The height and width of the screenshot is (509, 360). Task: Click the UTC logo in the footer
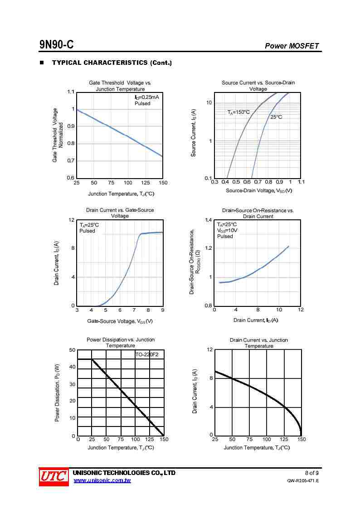coord(53,477)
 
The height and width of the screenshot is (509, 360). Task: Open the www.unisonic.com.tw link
coord(102,480)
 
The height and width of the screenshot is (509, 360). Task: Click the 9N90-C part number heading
coord(56,45)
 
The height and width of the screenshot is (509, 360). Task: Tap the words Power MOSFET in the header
coord(292,46)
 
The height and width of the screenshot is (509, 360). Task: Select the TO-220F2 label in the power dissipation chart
coord(147,354)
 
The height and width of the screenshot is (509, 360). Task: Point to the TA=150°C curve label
coord(238,112)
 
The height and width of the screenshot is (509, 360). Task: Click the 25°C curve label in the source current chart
coord(276,117)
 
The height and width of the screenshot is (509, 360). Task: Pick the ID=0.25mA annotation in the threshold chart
coord(146,97)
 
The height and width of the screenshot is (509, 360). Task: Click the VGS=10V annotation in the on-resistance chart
coord(227,230)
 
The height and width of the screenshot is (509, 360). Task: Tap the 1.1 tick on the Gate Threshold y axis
coord(70,92)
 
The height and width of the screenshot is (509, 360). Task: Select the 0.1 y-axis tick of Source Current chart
coord(208,178)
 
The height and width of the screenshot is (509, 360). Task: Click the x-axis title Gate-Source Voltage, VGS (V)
coord(120,321)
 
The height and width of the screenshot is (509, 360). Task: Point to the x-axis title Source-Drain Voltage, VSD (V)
coord(259,191)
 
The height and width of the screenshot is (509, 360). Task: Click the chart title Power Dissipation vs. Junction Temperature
coord(121,343)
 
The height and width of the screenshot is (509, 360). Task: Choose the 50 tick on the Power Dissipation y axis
coord(72,350)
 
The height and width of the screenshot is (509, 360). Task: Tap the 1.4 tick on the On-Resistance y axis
coord(208,220)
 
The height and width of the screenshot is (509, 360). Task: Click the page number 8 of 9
coord(311,473)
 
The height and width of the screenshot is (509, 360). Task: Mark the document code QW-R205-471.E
coord(303,481)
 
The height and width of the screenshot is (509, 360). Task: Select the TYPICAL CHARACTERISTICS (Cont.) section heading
coord(112,63)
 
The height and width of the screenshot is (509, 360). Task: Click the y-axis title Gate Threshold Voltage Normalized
coord(58,135)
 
